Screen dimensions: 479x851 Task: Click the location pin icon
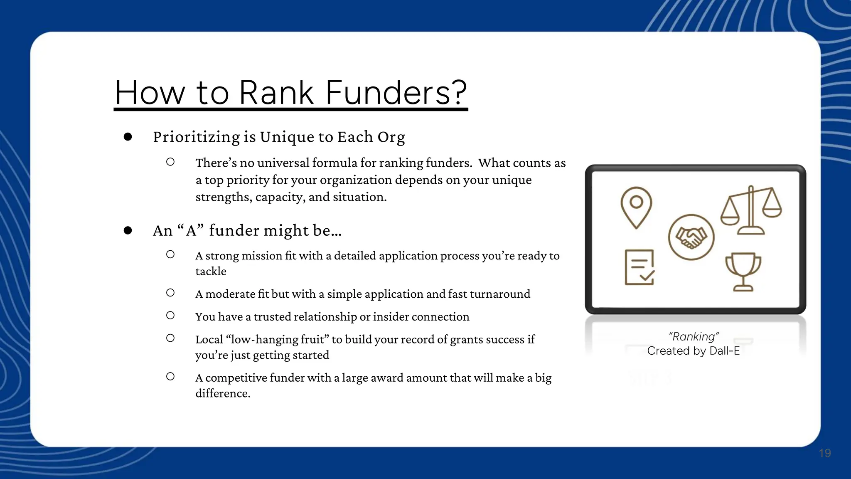tap(636, 207)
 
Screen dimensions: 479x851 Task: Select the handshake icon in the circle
tap(691, 237)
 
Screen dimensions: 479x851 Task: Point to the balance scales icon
tap(751, 210)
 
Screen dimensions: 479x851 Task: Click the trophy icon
tap(743, 272)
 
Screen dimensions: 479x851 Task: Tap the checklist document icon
tap(639, 267)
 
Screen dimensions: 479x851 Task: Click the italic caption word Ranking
tap(694, 336)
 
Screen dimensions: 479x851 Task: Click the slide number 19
tap(825, 453)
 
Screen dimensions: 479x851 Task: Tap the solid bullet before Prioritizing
tap(128, 137)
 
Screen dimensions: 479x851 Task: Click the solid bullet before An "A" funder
tap(128, 230)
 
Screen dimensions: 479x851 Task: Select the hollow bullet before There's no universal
tap(170, 162)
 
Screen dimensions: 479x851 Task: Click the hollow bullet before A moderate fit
tap(170, 293)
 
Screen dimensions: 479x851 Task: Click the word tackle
tap(211, 272)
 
